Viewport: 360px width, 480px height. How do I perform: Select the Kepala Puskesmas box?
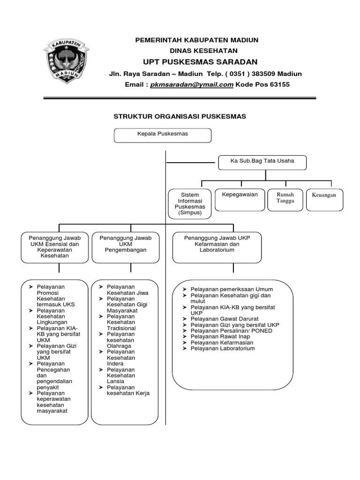pos(163,135)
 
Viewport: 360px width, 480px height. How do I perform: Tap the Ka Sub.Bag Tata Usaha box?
pos(262,162)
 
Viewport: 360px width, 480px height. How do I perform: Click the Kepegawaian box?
pos(240,200)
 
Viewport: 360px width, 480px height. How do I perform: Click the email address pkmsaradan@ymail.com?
pos(192,85)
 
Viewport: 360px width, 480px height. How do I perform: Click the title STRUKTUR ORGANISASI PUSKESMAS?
pos(180,116)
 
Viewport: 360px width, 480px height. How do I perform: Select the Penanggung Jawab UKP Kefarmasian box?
pos(217,247)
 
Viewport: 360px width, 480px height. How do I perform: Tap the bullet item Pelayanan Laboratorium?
pos(222,348)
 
